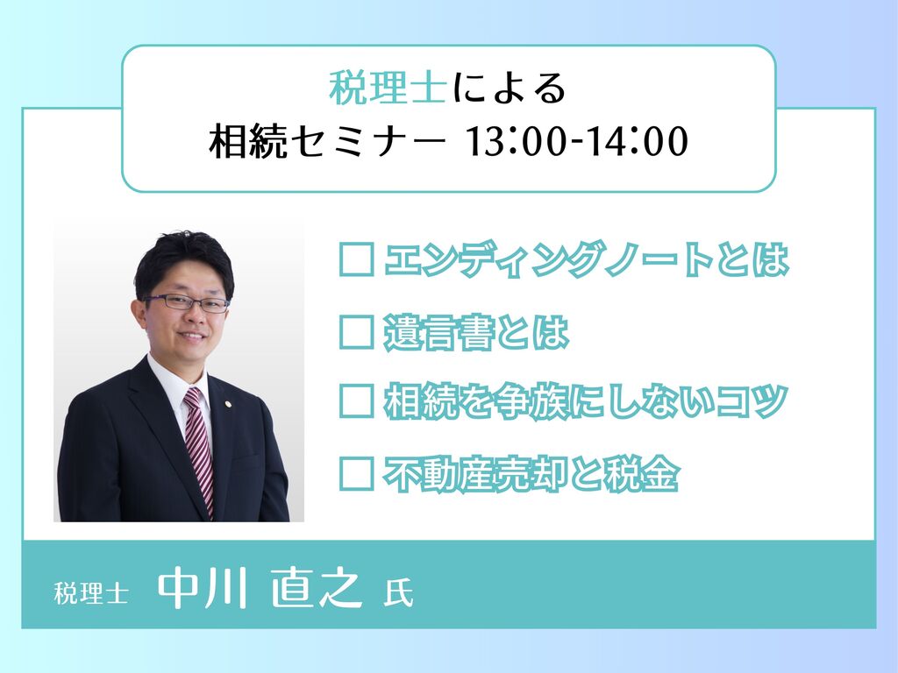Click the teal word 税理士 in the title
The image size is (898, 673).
[x=388, y=89]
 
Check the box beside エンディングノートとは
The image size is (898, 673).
[x=357, y=259]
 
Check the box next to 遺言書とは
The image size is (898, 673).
[x=357, y=331]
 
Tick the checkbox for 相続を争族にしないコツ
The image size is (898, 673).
[x=357, y=401]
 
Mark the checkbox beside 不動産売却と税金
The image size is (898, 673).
[x=357, y=473]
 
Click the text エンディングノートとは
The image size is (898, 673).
[x=587, y=259]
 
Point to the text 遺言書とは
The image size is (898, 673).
[x=476, y=332]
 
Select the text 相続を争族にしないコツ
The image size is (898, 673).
[x=586, y=401]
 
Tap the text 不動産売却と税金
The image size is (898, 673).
[x=531, y=474]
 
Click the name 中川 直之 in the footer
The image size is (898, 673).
[x=260, y=588]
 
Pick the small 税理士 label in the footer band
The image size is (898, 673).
[x=90, y=593]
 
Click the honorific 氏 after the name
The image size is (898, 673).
[x=398, y=593]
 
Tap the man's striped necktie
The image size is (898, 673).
[x=199, y=449]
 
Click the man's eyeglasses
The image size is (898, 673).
[x=187, y=302]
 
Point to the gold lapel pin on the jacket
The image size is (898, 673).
[x=229, y=404]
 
